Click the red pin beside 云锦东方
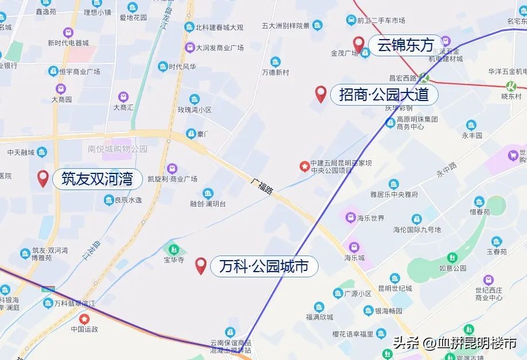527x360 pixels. point(359,44)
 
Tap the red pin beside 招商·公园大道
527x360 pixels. point(321,94)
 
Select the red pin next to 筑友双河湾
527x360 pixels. point(42,179)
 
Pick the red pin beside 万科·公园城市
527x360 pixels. point(201,266)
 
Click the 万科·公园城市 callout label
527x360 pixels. point(263,266)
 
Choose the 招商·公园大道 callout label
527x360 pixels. point(384,94)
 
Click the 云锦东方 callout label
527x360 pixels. point(406,45)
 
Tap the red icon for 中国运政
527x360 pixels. point(84,319)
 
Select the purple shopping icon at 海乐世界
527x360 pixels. point(350,218)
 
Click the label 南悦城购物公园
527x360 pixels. point(117,149)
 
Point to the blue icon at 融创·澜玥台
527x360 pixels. point(208,193)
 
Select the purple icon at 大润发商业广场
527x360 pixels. point(189,48)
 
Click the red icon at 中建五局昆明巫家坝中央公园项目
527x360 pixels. point(304,167)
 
